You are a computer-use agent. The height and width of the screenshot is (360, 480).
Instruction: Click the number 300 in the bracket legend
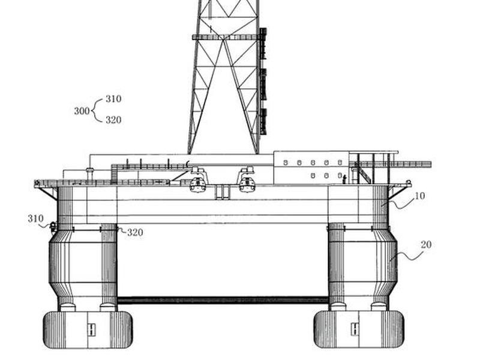click(82, 111)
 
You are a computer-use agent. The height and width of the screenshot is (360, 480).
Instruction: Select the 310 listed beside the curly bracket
click(113, 99)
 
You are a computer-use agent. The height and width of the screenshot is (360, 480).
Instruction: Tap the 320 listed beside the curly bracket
click(113, 119)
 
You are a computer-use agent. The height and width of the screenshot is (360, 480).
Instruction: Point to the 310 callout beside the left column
click(35, 218)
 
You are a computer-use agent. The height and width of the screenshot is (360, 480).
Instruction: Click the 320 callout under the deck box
click(136, 232)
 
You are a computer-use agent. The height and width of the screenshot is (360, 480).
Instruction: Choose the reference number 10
click(419, 196)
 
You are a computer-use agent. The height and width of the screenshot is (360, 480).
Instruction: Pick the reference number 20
click(426, 245)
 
